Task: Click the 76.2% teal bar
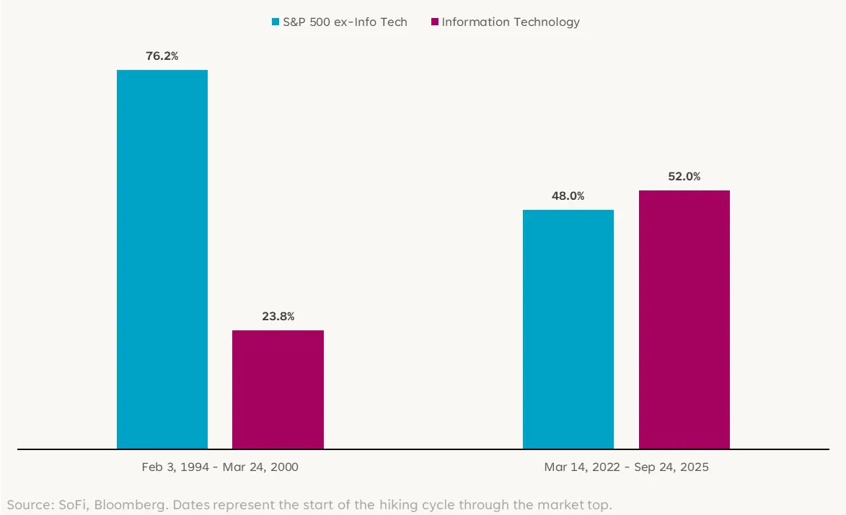click(x=162, y=260)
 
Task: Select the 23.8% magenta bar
click(x=278, y=389)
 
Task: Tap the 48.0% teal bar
click(x=568, y=330)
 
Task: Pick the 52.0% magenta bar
click(x=684, y=320)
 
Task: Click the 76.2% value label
click(x=162, y=55)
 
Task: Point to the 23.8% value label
click(x=278, y=316)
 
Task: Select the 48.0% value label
click(x=568, y=195)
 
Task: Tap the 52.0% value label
click(x=684, y=176)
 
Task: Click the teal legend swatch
click(x=276, y=22)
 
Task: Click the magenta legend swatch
click(x=435, y=22)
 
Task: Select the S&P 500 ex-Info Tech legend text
click(x=345, y=22)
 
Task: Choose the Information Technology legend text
click(x=511, y=22)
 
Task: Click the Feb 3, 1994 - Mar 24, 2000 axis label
click(x=220, y=467)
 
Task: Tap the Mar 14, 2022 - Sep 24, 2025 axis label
click(x=626, y=467)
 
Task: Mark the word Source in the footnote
click(x=27, y=504)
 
